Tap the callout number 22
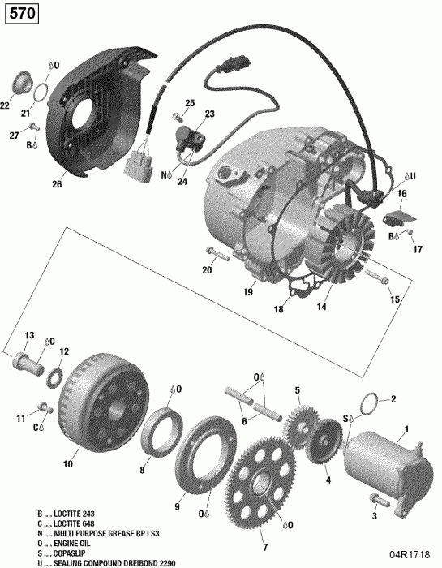click(x=5, y=105)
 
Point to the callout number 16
click(x=401, y=194)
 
